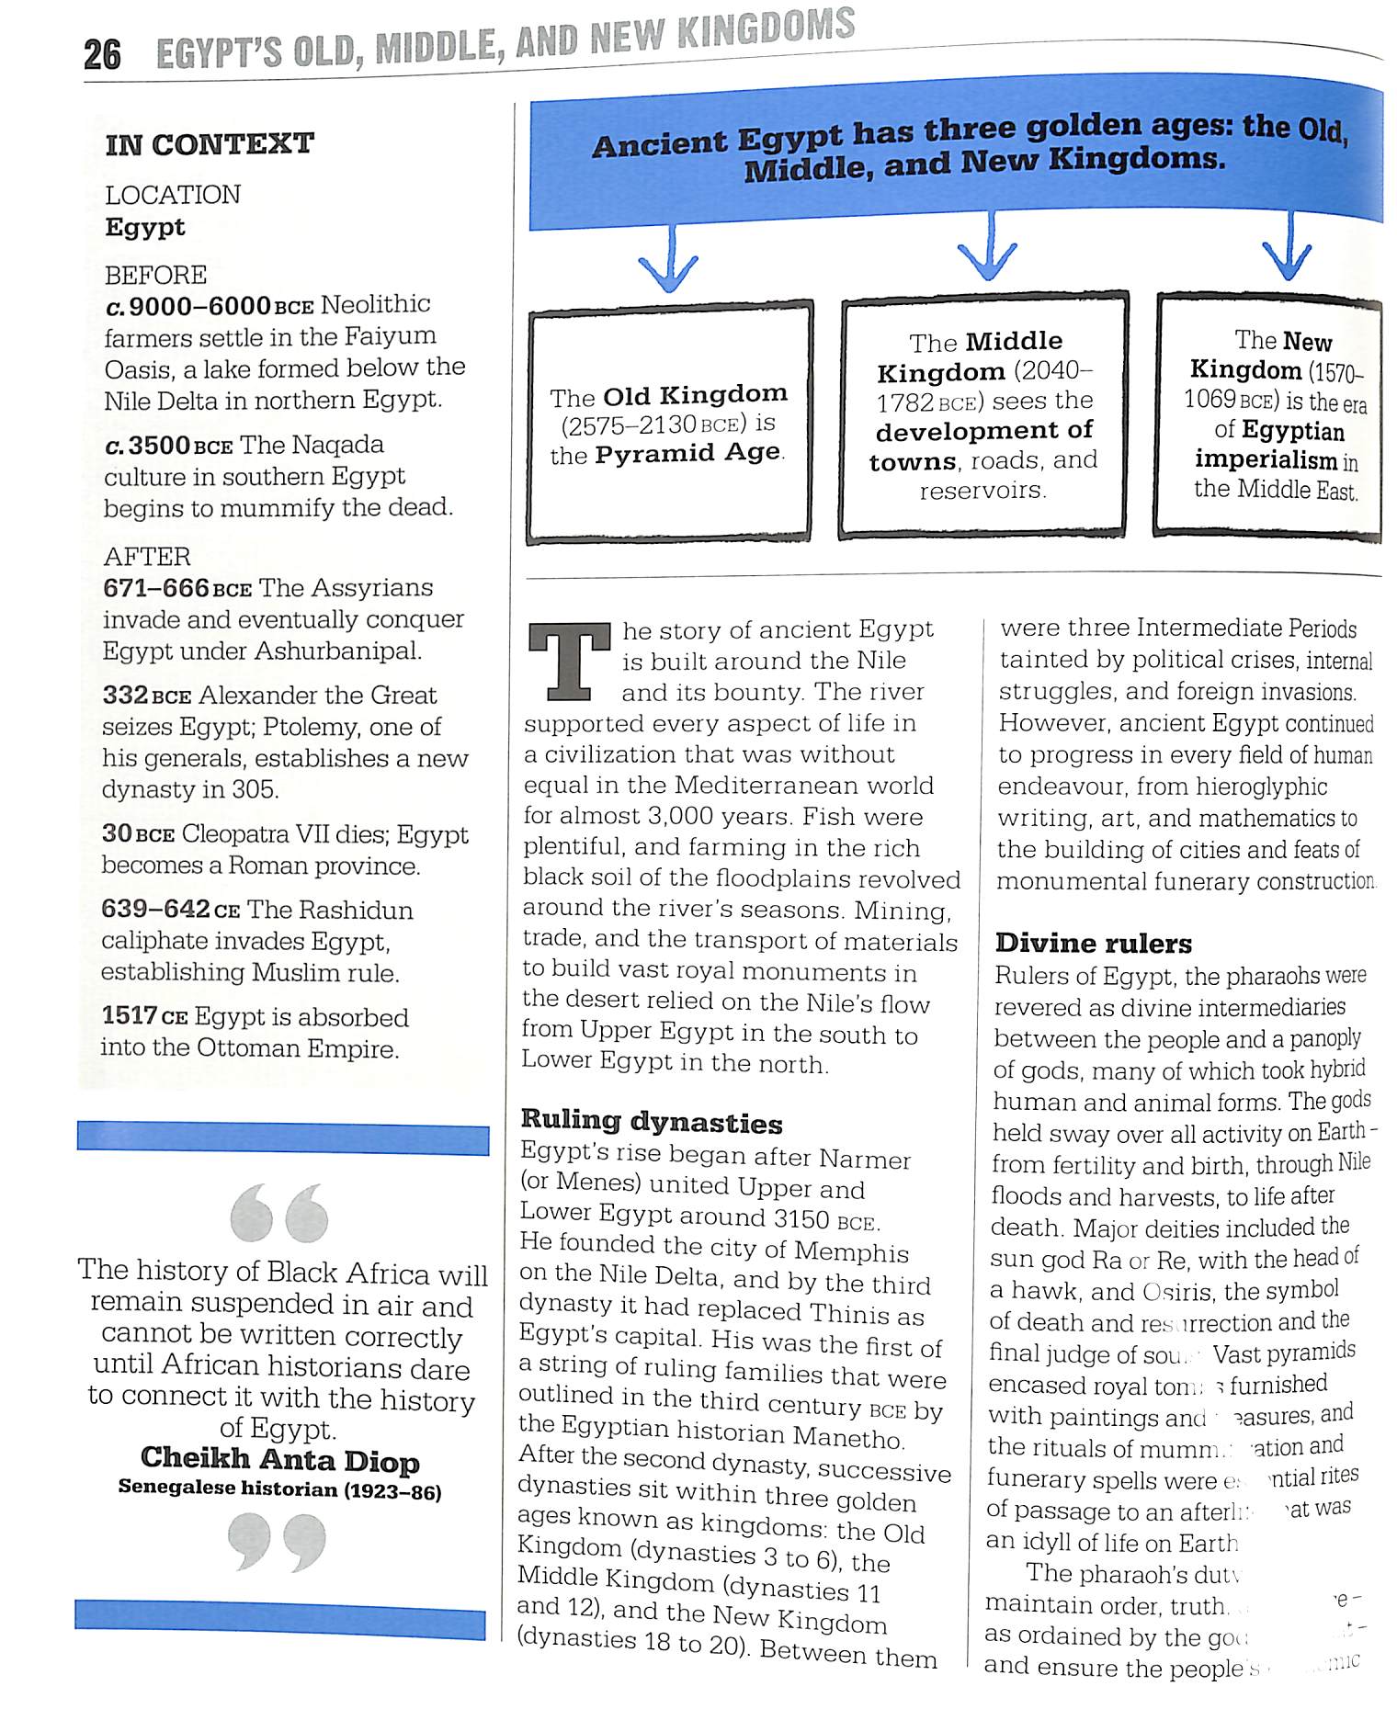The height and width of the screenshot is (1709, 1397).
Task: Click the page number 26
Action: pos(102,54)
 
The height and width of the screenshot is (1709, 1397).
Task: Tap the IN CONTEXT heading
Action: pos(210,144)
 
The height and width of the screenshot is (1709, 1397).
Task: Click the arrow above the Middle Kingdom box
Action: pos(988,248)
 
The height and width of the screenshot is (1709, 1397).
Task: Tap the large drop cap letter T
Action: pos(569,662)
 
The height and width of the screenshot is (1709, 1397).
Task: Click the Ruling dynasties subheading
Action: pos(652,1121)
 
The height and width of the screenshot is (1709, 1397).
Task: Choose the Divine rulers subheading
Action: pos(1093,944)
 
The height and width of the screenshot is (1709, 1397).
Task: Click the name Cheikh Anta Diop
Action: pos(280,1460)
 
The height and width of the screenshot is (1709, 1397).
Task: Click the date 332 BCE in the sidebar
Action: pos(147,696)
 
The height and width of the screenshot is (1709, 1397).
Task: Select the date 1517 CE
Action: pos(144,1016)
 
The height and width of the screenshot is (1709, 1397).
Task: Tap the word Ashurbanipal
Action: pos(337,651)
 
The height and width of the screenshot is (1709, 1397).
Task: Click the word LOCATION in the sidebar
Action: pos(173,195)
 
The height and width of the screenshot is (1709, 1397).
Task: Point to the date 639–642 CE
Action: pos(170,910)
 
